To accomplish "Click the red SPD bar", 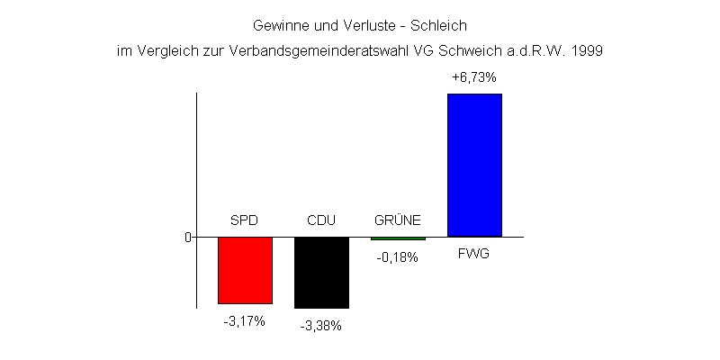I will click(245, 270).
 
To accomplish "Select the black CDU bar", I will click(321, 273).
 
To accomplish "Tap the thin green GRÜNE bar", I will click(398, 238).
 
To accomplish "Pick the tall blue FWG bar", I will click(474, 165).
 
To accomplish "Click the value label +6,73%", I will click(473, 78).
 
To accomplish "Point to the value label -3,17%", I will click(244, 321).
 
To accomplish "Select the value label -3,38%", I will click(320, 326).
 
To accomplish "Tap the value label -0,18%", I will click(397, 257).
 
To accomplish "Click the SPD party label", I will click(245, 220).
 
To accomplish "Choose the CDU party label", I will click(321, 220).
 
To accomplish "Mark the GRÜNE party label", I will click(397, 220).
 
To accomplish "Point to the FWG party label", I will click(473, 255).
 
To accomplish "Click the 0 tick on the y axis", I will click(188, 238).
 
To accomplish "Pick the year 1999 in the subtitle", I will click(586, 51).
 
